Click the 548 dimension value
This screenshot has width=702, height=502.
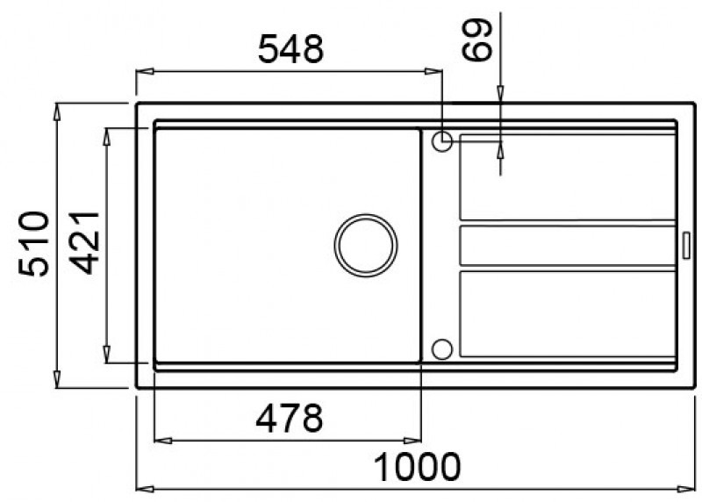(290, 51)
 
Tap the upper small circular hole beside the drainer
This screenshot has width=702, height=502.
(442, 140)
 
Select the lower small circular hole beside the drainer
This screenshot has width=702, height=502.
(442, 349)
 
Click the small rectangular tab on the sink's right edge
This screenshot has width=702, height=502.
(684, 245)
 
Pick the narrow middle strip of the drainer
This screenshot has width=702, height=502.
(566, 245)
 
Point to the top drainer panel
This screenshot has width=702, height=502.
(566, 176)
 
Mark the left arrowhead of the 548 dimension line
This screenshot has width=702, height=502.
(141, 73)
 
